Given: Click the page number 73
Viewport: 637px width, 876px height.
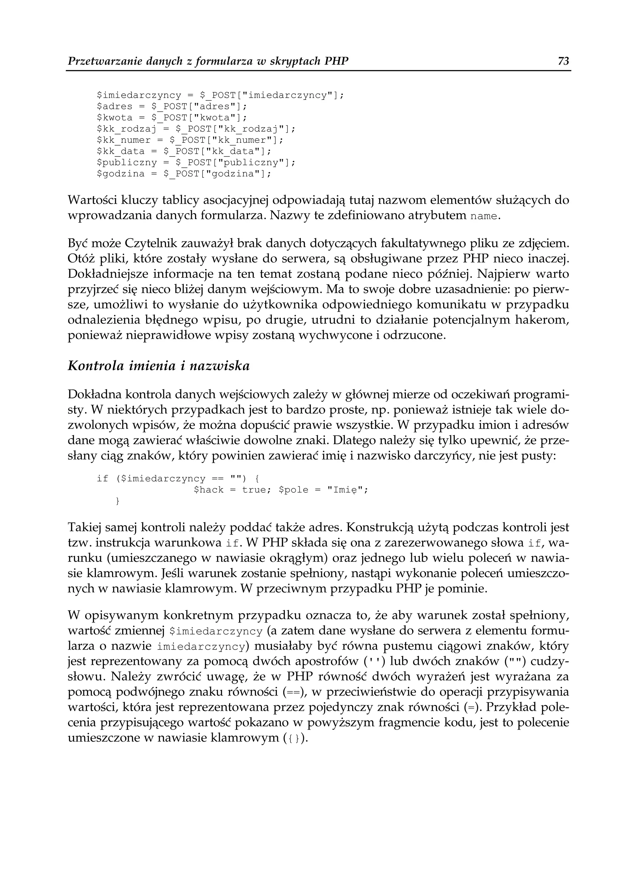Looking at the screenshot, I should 563,61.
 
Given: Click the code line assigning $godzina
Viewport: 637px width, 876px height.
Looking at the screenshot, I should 184,174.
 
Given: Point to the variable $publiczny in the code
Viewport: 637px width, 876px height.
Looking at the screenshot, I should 127,163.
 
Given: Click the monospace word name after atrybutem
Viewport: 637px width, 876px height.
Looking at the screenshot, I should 484,216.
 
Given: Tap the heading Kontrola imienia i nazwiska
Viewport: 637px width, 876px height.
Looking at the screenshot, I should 158,366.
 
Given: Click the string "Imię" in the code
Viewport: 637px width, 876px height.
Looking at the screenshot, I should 345,490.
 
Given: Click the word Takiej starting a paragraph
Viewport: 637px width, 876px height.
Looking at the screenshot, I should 85,527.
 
